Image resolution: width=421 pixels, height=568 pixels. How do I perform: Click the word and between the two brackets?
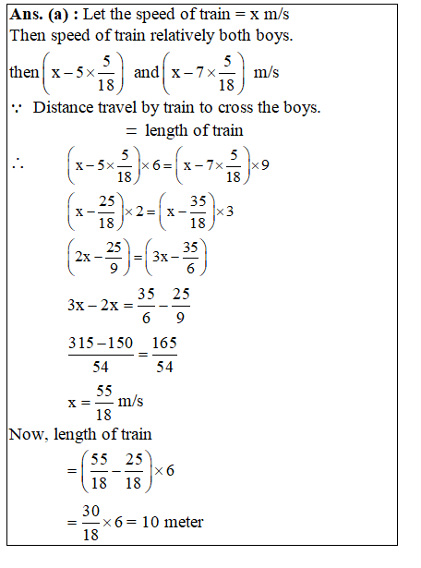[x=146, y=72]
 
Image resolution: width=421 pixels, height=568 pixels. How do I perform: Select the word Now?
[x=27, y=433]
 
